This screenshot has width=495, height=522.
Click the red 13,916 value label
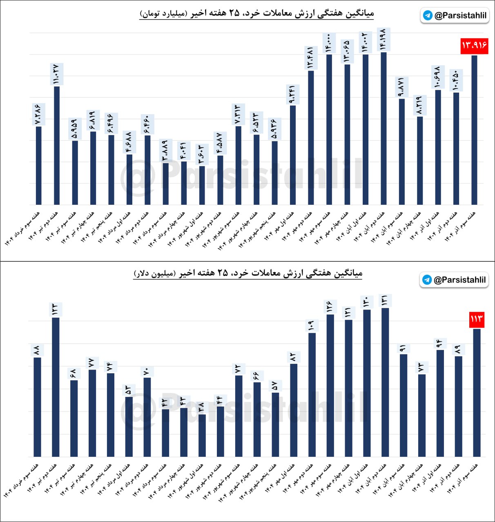point(474,45)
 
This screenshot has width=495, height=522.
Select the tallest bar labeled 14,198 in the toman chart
point(384,128)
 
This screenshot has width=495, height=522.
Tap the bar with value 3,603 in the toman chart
point(202,185)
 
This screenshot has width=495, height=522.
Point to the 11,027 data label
point(56,74)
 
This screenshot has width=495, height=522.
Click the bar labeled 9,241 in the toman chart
point(293,155)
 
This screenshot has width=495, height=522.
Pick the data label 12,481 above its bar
point(311,58)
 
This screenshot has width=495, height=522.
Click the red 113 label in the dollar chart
point(477,319)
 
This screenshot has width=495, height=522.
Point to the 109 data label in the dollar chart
point(312,325)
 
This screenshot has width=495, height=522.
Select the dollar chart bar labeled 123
point(56,387)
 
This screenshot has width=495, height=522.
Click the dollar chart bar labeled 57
point(275,425)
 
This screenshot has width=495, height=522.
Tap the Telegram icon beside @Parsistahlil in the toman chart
point(428,15)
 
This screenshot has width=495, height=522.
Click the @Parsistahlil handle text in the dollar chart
point(459,280)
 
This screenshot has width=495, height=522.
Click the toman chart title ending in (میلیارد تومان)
point(256,13)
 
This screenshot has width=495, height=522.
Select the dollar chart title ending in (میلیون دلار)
point(248,273)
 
